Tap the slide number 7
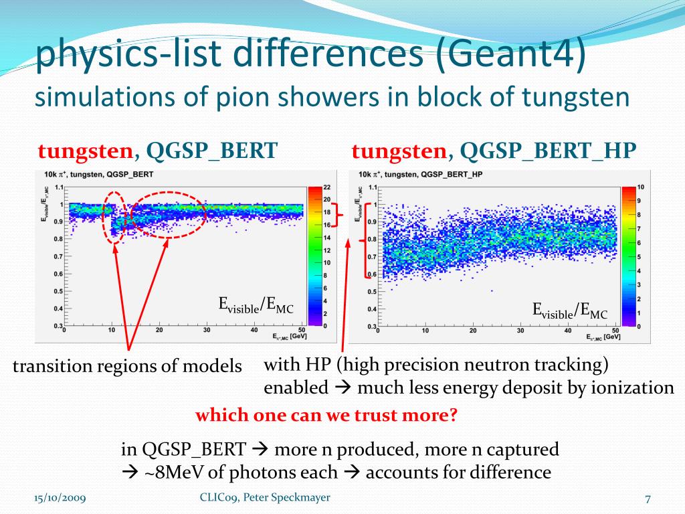648,499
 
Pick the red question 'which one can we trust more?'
326,416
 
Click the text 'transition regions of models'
127,366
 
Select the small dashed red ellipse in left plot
115,216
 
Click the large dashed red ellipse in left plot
167,215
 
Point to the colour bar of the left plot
314,256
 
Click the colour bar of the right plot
628,256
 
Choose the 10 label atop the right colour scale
640,187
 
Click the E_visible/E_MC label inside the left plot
256,305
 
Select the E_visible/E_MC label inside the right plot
570,310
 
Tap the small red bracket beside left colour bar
339,216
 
